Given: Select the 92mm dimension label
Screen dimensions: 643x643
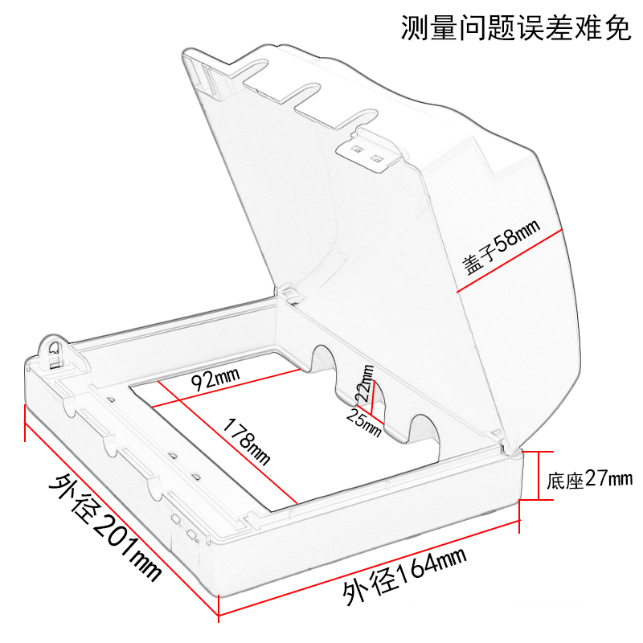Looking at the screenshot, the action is coord(213,379).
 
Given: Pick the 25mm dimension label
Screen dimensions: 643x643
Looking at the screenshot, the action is coord(362,420).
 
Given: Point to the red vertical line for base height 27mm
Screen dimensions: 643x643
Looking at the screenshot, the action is coord(528,475).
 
